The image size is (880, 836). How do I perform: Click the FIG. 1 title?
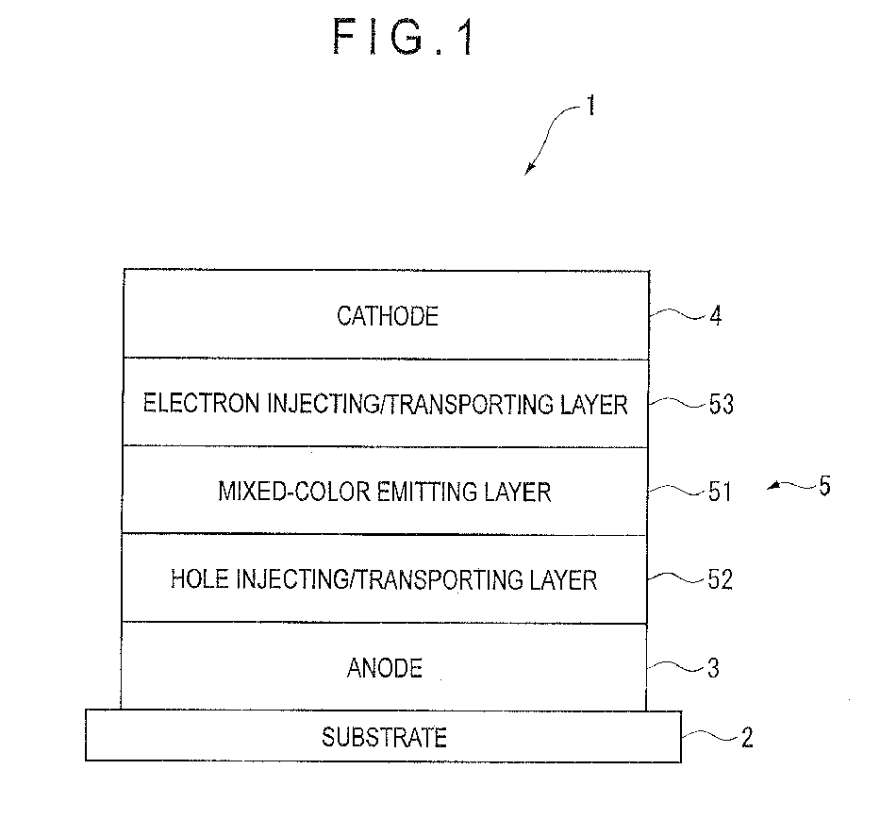click(404, 37)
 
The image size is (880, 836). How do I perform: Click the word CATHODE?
click(388, 316)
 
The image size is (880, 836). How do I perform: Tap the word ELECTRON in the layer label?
click(202, 404)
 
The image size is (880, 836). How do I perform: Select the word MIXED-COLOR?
click(293, 492)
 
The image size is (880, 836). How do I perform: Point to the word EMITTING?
click(426, 492)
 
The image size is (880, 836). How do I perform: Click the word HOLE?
click(199, 579)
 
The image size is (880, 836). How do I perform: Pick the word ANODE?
click(385, 668)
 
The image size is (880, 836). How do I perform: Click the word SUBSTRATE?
click(384, 737)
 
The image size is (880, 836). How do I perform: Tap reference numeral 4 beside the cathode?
click(715, 316)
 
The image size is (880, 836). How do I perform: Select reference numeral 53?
click(722, 404)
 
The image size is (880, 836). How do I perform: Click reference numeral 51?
click(720, 492)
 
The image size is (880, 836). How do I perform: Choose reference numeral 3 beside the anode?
click(713, 668)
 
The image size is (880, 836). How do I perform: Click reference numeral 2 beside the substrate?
click(747, 738)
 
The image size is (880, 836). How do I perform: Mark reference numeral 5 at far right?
click(824, 486)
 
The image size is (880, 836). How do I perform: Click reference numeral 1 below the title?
click(589, 106)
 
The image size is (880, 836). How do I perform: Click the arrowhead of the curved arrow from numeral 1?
click(528, 170)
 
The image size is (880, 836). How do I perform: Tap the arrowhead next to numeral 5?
click(773, 486)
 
